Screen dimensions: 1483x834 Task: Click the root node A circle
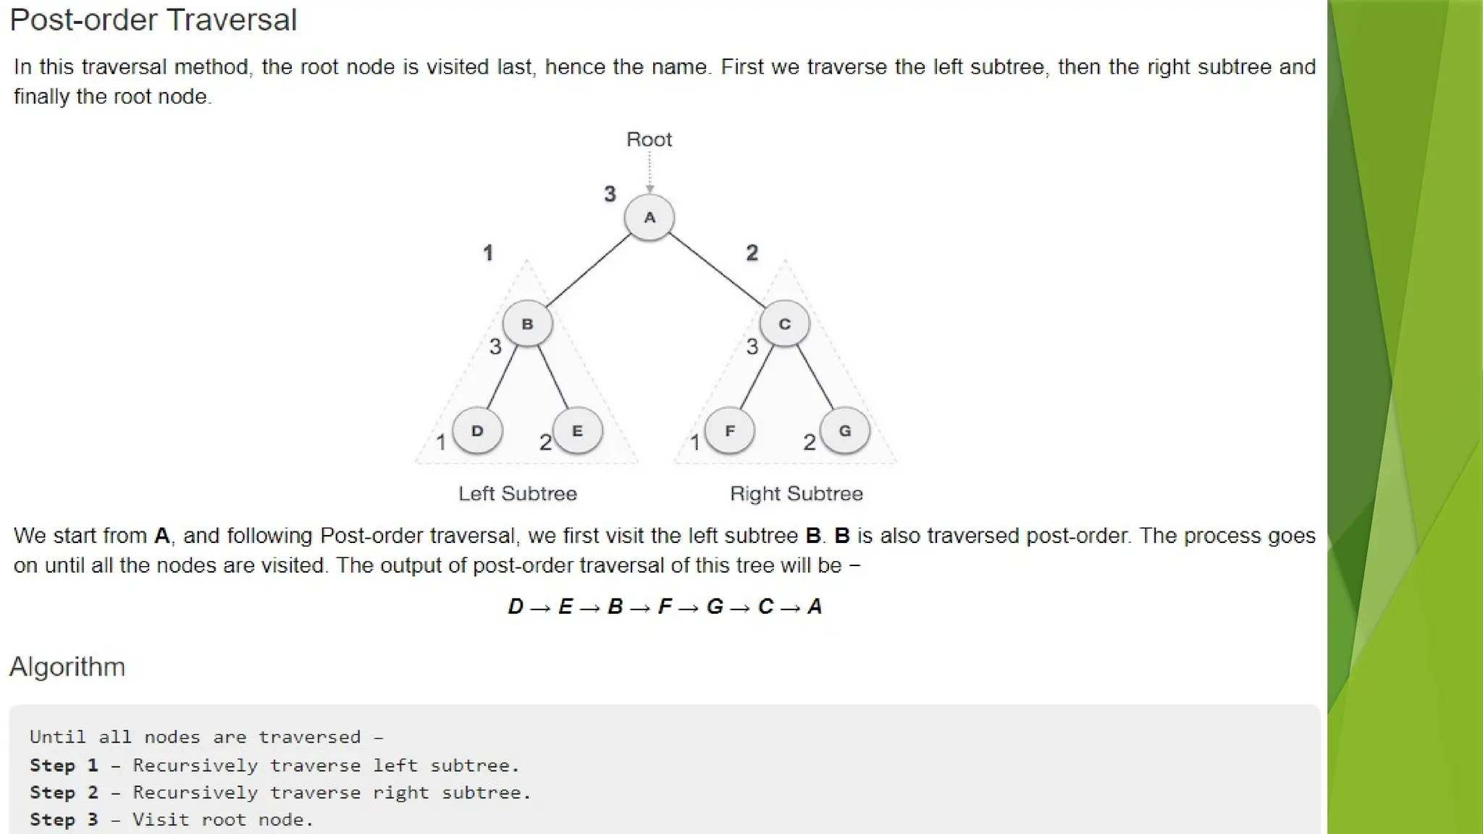[650, 217]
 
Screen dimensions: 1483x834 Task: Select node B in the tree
[527, 324]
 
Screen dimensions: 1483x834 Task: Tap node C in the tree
[784, 324]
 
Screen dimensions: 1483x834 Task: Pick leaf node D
[477, 431]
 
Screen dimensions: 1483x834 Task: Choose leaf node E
[577, 431]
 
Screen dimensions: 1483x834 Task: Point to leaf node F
[729, 431]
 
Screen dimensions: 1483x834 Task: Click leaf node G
[844, 431]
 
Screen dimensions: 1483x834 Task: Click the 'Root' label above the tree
[649, 139]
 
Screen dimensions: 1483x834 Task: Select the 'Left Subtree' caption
[518, 494]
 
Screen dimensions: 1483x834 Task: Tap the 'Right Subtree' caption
[796, 494]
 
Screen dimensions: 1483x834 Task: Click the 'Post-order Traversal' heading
[153, 20]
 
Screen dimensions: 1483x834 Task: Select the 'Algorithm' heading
[67, 667]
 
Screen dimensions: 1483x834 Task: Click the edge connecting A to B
[588, 271]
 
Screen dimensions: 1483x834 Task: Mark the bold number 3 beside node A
[610, 194]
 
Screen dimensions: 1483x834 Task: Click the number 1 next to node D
[440, 442]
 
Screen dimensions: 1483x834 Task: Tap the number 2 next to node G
[810, 442]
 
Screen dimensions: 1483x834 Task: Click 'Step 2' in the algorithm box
[64, 793]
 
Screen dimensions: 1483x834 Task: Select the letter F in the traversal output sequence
[665, 607]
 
